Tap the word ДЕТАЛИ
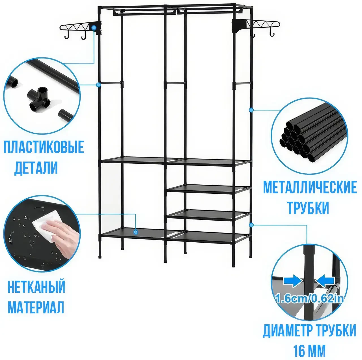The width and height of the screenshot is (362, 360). pyautogui.click(x=36, y=168)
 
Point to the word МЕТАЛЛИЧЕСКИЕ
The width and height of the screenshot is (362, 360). pyautogui.click(x=310, y=187)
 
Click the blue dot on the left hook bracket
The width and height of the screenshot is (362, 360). pyautogui.click(x=94, y=28)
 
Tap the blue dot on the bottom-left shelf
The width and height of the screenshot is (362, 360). pyautogui.click(x=136, y=232)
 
